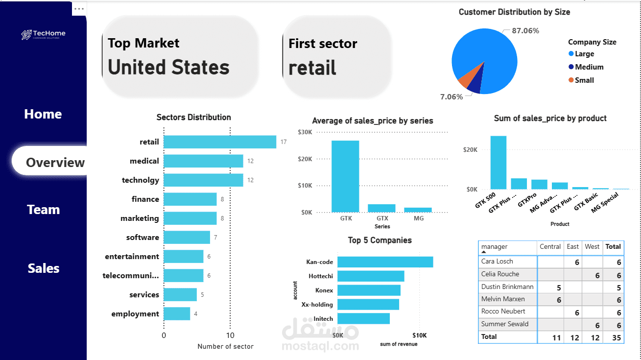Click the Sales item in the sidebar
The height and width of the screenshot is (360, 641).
coord(43,268)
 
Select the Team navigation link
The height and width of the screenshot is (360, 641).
coord(43,210)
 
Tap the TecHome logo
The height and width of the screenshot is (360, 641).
coord(43,34)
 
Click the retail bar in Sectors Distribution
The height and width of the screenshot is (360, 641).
coord(219,142)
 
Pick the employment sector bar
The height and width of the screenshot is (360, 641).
coord(177,314)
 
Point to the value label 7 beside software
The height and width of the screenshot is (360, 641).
coord(215,238)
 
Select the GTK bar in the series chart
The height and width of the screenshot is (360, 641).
coord(345,176)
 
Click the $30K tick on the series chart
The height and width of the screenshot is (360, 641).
coord(306,132)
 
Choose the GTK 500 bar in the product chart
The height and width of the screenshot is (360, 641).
coord(499,163)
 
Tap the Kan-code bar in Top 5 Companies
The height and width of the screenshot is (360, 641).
coord(385,262)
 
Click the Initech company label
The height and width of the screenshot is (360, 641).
coord(323,319)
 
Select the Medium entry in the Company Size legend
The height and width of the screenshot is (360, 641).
coord(589,67)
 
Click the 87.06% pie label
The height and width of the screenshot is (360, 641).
coord(525,31)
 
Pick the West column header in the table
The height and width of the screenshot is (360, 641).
coord(592,247)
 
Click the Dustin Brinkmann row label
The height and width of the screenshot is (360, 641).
coord(507,287)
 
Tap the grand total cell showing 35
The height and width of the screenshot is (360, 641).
coord(616,337)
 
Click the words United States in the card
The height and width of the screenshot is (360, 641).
coord(168,67)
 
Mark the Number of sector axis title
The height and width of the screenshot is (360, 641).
coord(225,346)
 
